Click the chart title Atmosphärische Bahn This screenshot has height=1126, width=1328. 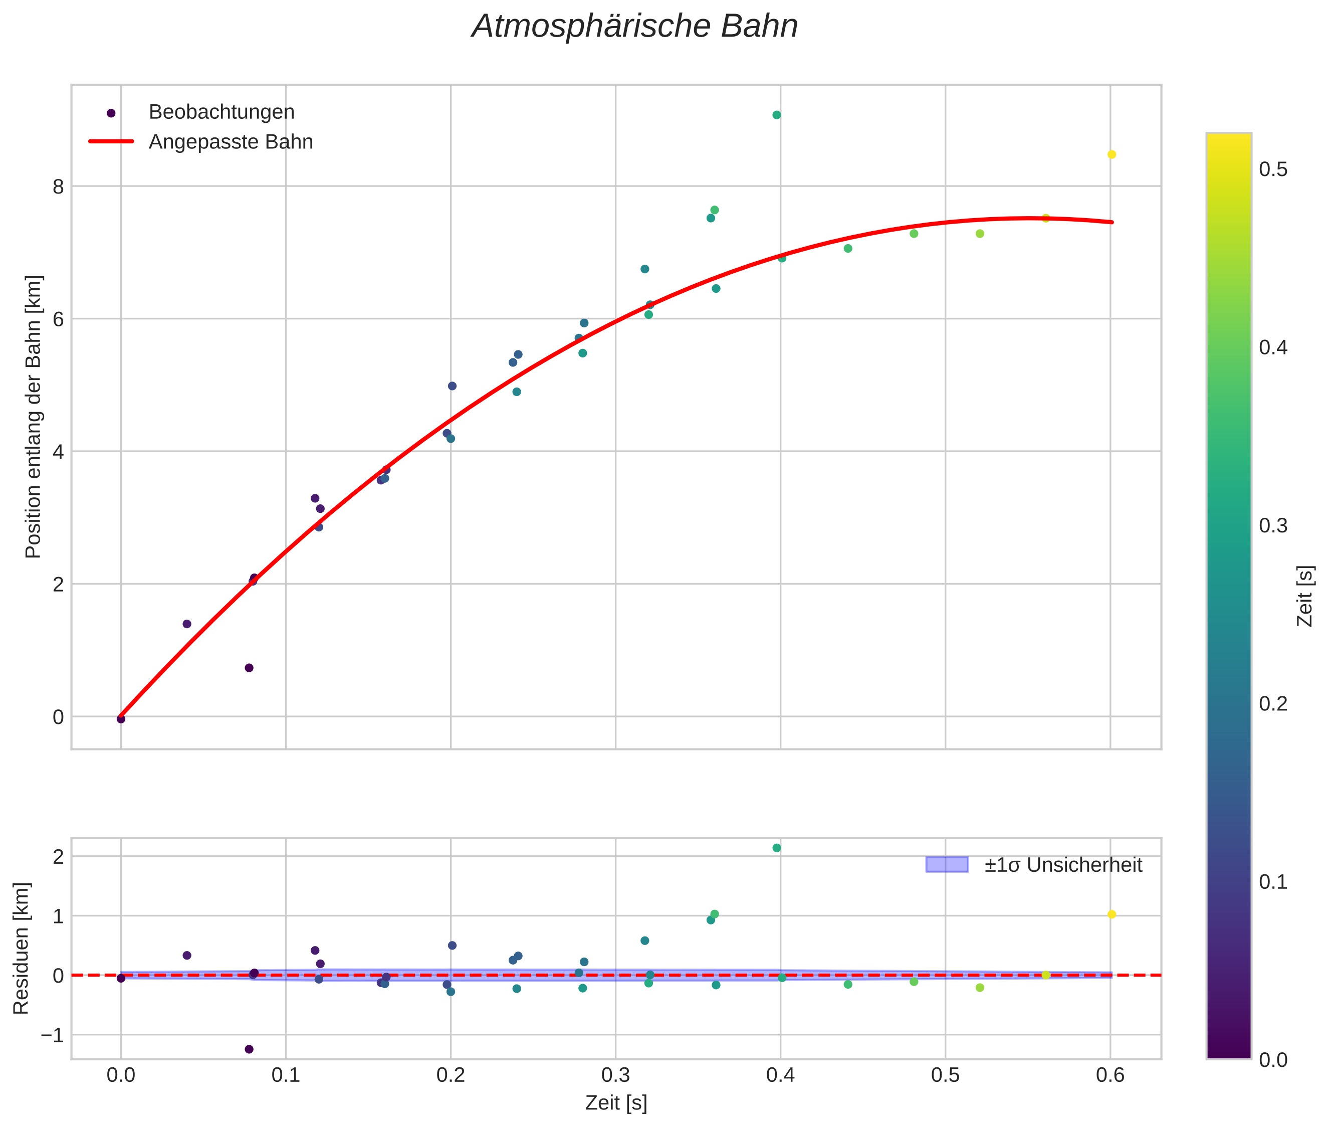point(634,27)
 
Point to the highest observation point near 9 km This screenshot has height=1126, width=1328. point(777,115)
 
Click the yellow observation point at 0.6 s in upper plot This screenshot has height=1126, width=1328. point(1112,154)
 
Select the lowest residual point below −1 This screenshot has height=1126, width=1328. point(249,1049)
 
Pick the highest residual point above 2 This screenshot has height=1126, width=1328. point(777,848)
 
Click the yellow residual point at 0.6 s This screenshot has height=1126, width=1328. point(1112,914)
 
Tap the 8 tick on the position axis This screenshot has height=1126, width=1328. point(59,186)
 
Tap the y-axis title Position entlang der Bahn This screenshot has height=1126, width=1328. point(33,417)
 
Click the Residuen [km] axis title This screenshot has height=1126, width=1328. point(21,948)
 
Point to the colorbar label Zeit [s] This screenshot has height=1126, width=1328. point(1305,596)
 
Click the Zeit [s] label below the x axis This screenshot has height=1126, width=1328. point(616,1103)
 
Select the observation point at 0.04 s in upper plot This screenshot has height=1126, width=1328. point(187,624)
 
